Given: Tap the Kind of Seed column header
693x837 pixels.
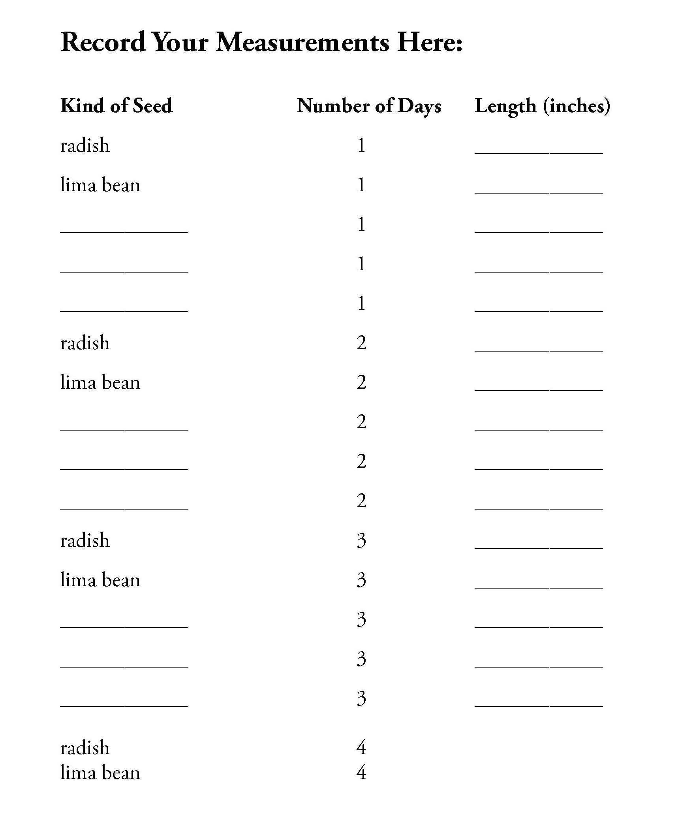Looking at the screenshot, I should click(116, 106).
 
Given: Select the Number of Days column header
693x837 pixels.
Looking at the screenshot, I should click(369, 106).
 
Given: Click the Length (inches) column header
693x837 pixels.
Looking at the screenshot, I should click(543, 106).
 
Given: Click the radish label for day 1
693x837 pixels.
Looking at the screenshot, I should click(85, 145).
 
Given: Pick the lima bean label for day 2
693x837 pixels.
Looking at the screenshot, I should click(100, 383).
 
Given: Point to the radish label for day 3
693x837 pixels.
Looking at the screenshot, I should click(85, 540).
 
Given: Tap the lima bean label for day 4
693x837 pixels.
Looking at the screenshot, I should click(100, 773).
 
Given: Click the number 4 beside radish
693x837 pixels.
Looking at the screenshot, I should click(361, 747).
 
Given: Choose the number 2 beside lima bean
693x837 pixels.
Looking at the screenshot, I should click(361, 383).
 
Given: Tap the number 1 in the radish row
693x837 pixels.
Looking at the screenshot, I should click(361, 145).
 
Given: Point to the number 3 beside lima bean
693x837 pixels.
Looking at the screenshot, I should click(361, 580).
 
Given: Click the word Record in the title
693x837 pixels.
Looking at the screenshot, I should click(103, 42).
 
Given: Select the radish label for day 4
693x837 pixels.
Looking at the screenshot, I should click(85, 748).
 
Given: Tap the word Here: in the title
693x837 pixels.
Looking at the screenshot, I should click(430, 42).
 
